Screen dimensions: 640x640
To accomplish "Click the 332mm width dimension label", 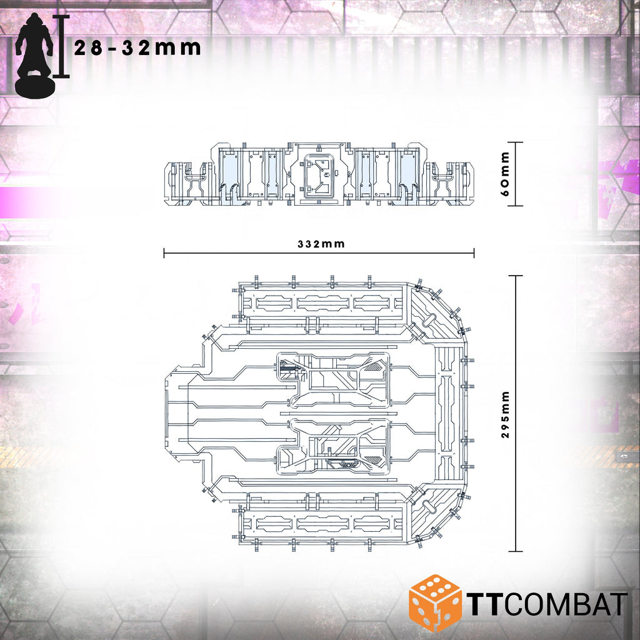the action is [x=321, y=244].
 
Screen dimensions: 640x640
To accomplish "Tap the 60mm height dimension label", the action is [x=505, y=174].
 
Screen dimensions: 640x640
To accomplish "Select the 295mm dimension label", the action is [x=505, y=414].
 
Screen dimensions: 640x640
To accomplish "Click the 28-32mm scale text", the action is [x=137, y=48].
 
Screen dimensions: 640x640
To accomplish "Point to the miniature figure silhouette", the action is [x=34, y=55].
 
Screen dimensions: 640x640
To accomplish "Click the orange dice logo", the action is [x=435, y=603].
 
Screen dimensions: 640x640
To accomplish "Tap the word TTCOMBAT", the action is [x=546, y=604].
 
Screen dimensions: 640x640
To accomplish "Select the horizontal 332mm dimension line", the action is [x=319, y=253].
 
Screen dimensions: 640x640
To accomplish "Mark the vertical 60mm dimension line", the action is [x=516, y=174].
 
